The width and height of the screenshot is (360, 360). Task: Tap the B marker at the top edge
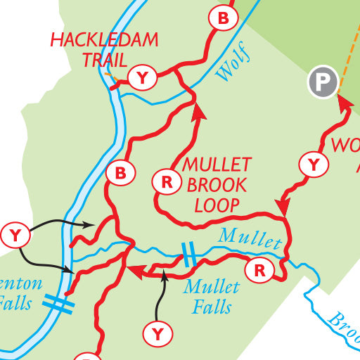223,18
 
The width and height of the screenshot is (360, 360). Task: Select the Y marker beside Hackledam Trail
143,78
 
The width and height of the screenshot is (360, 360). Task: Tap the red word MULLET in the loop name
217,165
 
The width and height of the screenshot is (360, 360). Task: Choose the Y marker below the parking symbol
314,165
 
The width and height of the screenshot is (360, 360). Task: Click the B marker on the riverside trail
120,172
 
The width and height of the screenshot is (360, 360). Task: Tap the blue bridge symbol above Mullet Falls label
188,255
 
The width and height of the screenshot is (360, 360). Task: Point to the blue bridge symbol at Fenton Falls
58,304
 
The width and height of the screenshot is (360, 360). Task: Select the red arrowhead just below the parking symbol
344,103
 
